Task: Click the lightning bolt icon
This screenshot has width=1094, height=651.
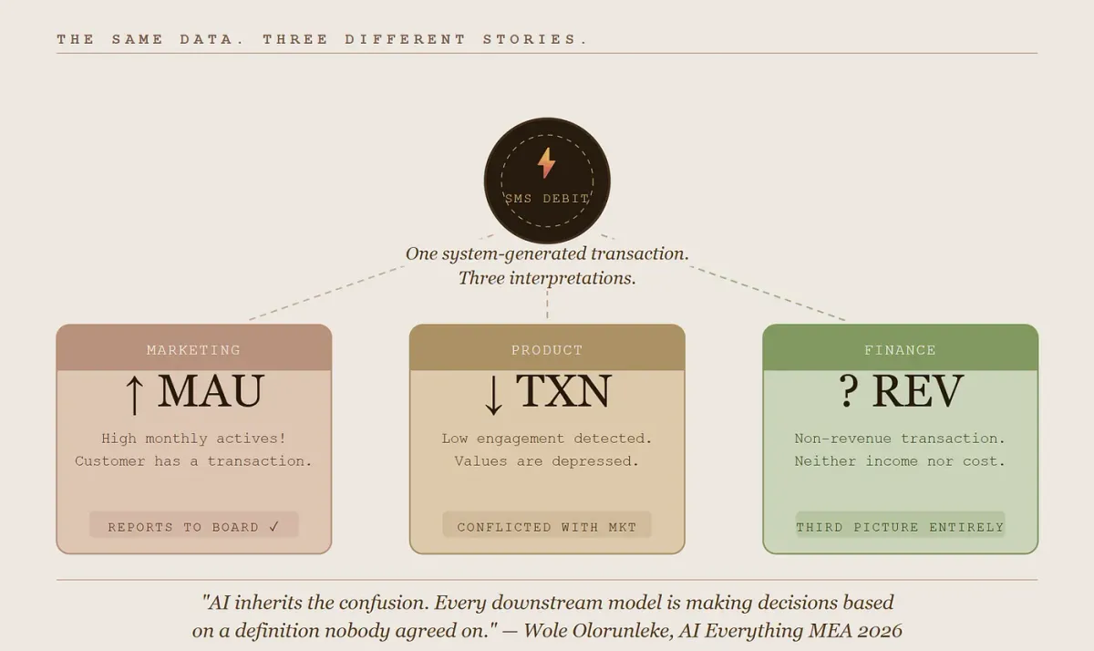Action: point(546,163)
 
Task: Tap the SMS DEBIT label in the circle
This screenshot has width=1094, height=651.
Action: point(547,199)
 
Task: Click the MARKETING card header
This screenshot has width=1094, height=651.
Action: point(194,347)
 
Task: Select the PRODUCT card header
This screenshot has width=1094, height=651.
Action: point(547,347)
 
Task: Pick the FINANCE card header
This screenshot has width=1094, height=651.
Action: point(900,347)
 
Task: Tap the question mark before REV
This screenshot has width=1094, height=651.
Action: point(849,391)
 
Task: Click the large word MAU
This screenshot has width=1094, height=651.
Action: point(211,391)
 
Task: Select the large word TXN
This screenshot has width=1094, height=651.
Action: point(563,391)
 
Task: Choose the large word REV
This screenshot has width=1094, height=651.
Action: point(918,391)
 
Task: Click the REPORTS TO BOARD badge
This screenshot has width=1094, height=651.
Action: point(194,525)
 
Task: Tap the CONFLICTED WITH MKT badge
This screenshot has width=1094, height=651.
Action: point(547,525)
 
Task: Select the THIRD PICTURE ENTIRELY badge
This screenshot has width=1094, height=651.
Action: point(900,525)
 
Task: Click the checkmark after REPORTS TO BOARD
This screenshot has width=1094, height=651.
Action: point(274,526)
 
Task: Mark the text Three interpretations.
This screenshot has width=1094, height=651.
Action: point(547,278)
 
